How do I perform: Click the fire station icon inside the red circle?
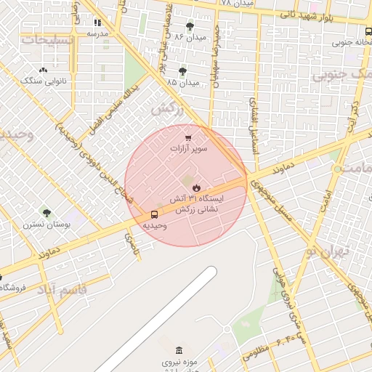(196, 187)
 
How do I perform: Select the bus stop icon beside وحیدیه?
(154, 214)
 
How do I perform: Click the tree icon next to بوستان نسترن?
(47, 213)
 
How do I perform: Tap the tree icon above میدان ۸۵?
(182, 71)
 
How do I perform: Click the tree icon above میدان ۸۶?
(190, 25)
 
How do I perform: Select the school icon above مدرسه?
(97, 23)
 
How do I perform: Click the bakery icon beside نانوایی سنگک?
(43, 70)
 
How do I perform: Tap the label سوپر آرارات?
(189, 149)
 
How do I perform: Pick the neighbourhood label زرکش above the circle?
(166, 110)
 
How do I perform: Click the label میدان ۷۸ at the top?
(237, 4)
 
